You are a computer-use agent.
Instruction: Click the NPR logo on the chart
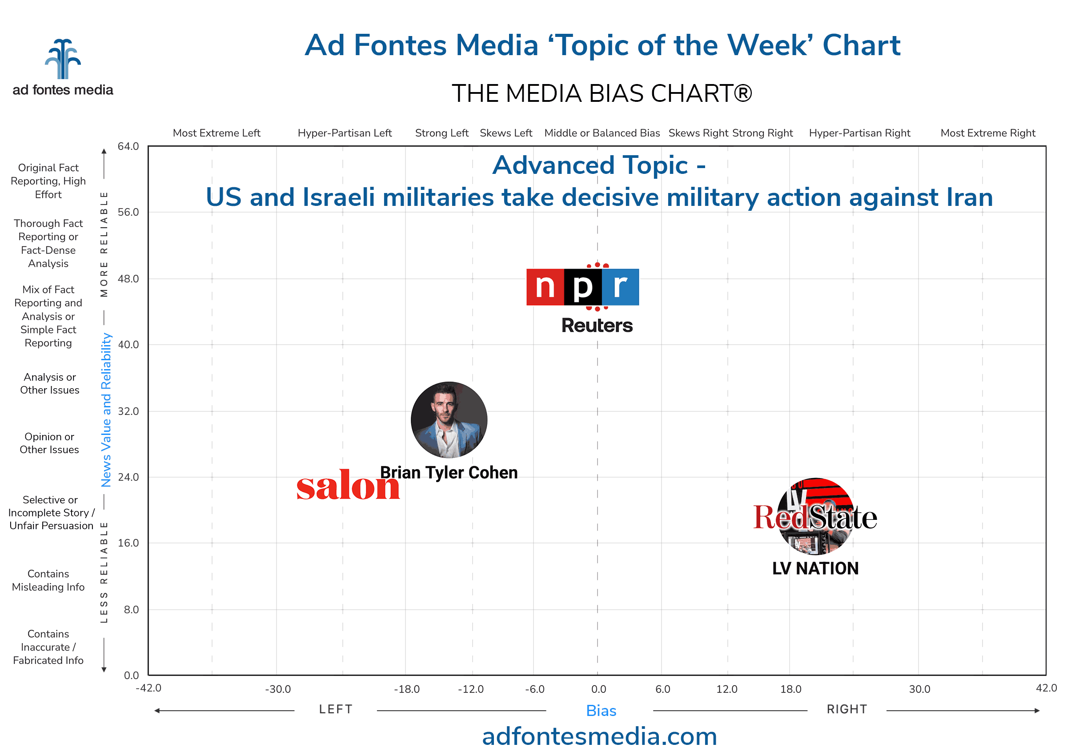pyautogui.click(x=582, y=287)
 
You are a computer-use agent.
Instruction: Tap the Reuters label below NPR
pyautogui.click(x=597, y=326)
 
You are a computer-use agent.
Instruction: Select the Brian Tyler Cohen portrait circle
pyautogui.click(x=449, y=419)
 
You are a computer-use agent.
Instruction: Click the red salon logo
pyautogui.click(x=348, y=487)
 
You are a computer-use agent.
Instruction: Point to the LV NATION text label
pyautogui.click(x=815, y=568)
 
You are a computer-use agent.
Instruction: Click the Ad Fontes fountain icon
pyautogui.click(x=63, y=59)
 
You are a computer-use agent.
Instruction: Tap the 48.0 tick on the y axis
pyautogui.click(x=128, y=279)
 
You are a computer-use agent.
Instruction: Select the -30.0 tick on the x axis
pyautogui.click(x=278, y=689)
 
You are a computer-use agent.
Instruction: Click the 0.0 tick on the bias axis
pyautogui.click(x=598, y=689)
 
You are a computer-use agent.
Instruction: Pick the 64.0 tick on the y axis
pyautogui.click(x=128, y=146)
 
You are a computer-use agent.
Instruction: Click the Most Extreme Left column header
pyautogui.click(x=217, y=133)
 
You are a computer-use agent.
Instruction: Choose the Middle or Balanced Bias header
pyautogui.click(x=602, y=133)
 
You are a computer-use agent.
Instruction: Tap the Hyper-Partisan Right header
pyautogui.click(x=859, y=133)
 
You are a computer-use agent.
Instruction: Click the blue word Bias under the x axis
pyautogui.click(x=601, y=711)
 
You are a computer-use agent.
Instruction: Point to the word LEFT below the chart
pyautogui.click(x=336, y=709)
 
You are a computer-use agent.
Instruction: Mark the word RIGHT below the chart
pyautogui.click(x=846, y=709)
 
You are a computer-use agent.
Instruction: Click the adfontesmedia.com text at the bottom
pyautogui.click(x=599, y=736)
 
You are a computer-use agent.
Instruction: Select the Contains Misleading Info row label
pyautogui.click(x=48, y=580)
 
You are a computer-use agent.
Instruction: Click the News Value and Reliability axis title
pyautogui.click(x=106, y=410)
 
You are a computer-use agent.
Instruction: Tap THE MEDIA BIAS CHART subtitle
pyautogui.click(x=601, y=93)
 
